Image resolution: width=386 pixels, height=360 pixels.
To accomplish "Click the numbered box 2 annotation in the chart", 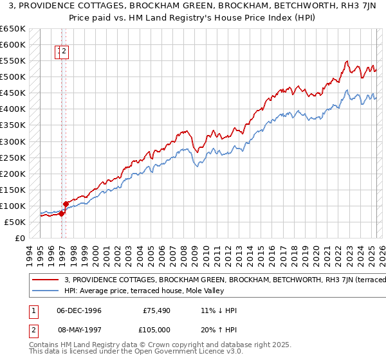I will (x=65, y=53).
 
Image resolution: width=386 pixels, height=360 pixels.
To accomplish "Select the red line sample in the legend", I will (x=45, y=280).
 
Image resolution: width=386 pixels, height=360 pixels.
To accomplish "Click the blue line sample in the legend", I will (x=45, y=290).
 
